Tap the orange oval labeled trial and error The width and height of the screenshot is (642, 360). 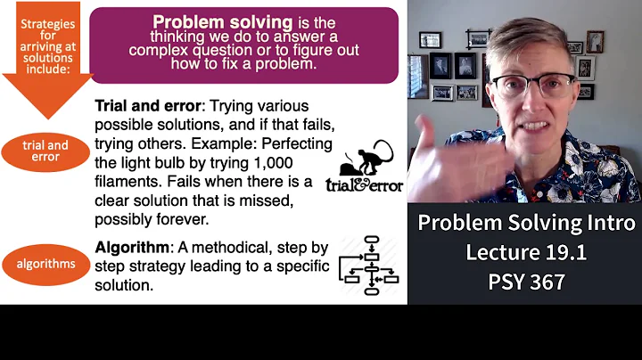pos(45,151)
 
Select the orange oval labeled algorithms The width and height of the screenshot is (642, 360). pos(45,264)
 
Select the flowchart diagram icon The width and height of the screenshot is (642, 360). pos(370,264)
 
